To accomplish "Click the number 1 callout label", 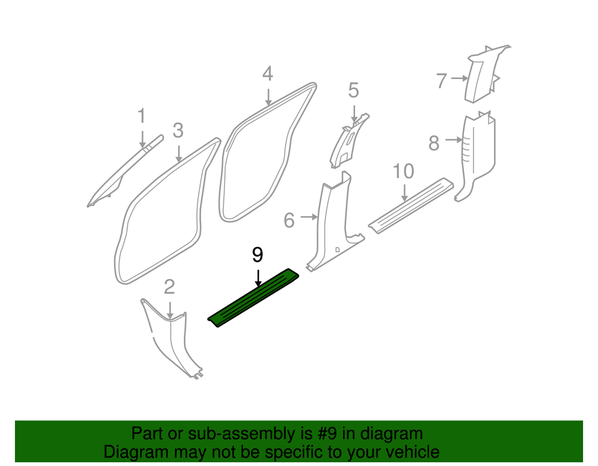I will tap(141, 116).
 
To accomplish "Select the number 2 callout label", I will tap(169, 287).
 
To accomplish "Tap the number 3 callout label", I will tap(178, 131).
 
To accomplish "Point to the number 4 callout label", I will tap(267, 74).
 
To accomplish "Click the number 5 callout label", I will tap(353, 91).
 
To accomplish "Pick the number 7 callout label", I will tap(442, 80).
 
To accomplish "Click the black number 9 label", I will tap(258, 254).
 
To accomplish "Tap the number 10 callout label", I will tap(404, 170).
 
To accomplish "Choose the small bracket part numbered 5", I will tap(344, 142).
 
